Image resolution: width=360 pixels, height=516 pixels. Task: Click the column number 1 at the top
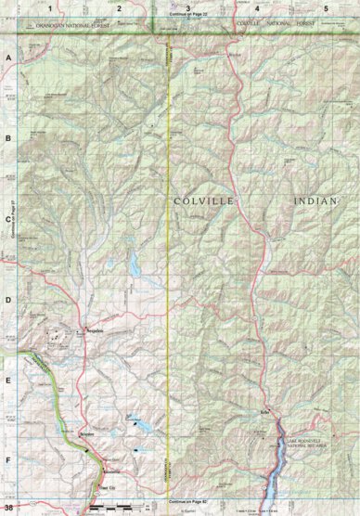tap(49, 7)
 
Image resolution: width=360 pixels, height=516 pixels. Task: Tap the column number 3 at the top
tap(188, 7)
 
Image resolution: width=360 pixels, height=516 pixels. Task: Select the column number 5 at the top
tap(326, 7)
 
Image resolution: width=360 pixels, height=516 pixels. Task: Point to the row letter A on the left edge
tap(8, 58)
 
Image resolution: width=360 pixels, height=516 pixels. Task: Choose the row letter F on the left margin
tap(8, 459)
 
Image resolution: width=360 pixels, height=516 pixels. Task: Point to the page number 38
tap(8, 508)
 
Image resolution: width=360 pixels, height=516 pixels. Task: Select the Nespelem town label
tap(86, 330)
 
